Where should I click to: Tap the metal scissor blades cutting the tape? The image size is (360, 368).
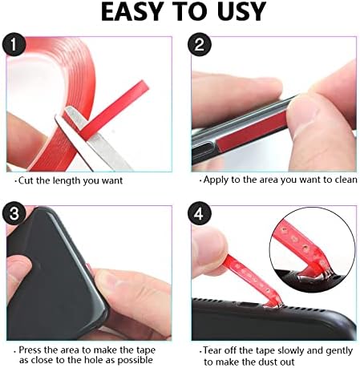pyautogui.click(x=96, y=144)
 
